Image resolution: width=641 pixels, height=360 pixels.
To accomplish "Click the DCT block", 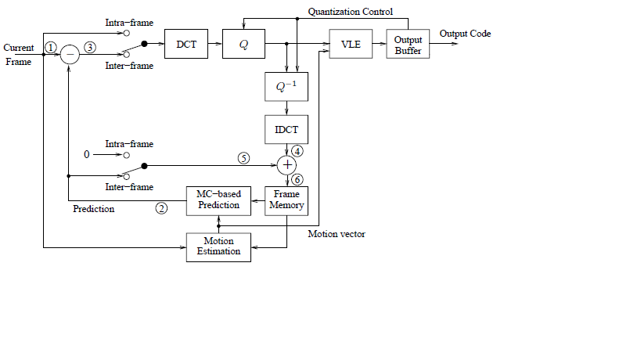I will click(186, 45).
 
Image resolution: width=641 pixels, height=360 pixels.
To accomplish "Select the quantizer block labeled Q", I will click(243, 45).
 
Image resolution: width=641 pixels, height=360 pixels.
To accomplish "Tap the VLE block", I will click(351, 45).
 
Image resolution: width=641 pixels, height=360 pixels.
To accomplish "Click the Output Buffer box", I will click(408, 45).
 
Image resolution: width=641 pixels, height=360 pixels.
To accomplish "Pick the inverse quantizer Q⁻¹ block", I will click(286, 88).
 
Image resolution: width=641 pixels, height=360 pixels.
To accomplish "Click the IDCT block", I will click(286, 130).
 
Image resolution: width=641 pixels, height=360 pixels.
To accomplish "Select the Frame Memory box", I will click(286, 200).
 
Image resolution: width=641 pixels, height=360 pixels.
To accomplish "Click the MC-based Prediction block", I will click(218, 200).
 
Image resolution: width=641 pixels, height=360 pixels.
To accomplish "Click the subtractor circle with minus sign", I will click(70, 54).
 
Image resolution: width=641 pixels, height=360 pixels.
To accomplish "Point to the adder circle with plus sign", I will click(287, 164).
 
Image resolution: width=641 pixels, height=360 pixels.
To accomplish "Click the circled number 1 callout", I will click(51, 47).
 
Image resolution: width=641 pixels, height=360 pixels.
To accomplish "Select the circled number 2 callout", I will click(162, 208).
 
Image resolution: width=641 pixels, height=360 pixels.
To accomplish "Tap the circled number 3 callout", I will click(90, 47).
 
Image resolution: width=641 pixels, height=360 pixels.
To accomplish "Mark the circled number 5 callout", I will click(243, 158).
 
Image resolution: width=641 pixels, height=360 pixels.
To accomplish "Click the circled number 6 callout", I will click(297, 179).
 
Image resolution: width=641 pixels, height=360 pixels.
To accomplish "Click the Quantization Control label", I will click(350, 12).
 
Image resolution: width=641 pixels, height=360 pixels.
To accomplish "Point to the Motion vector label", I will click(336, 234).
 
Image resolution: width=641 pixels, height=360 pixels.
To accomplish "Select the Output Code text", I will click(465, 34).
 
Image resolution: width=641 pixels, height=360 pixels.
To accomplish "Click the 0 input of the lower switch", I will click(88, 156).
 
